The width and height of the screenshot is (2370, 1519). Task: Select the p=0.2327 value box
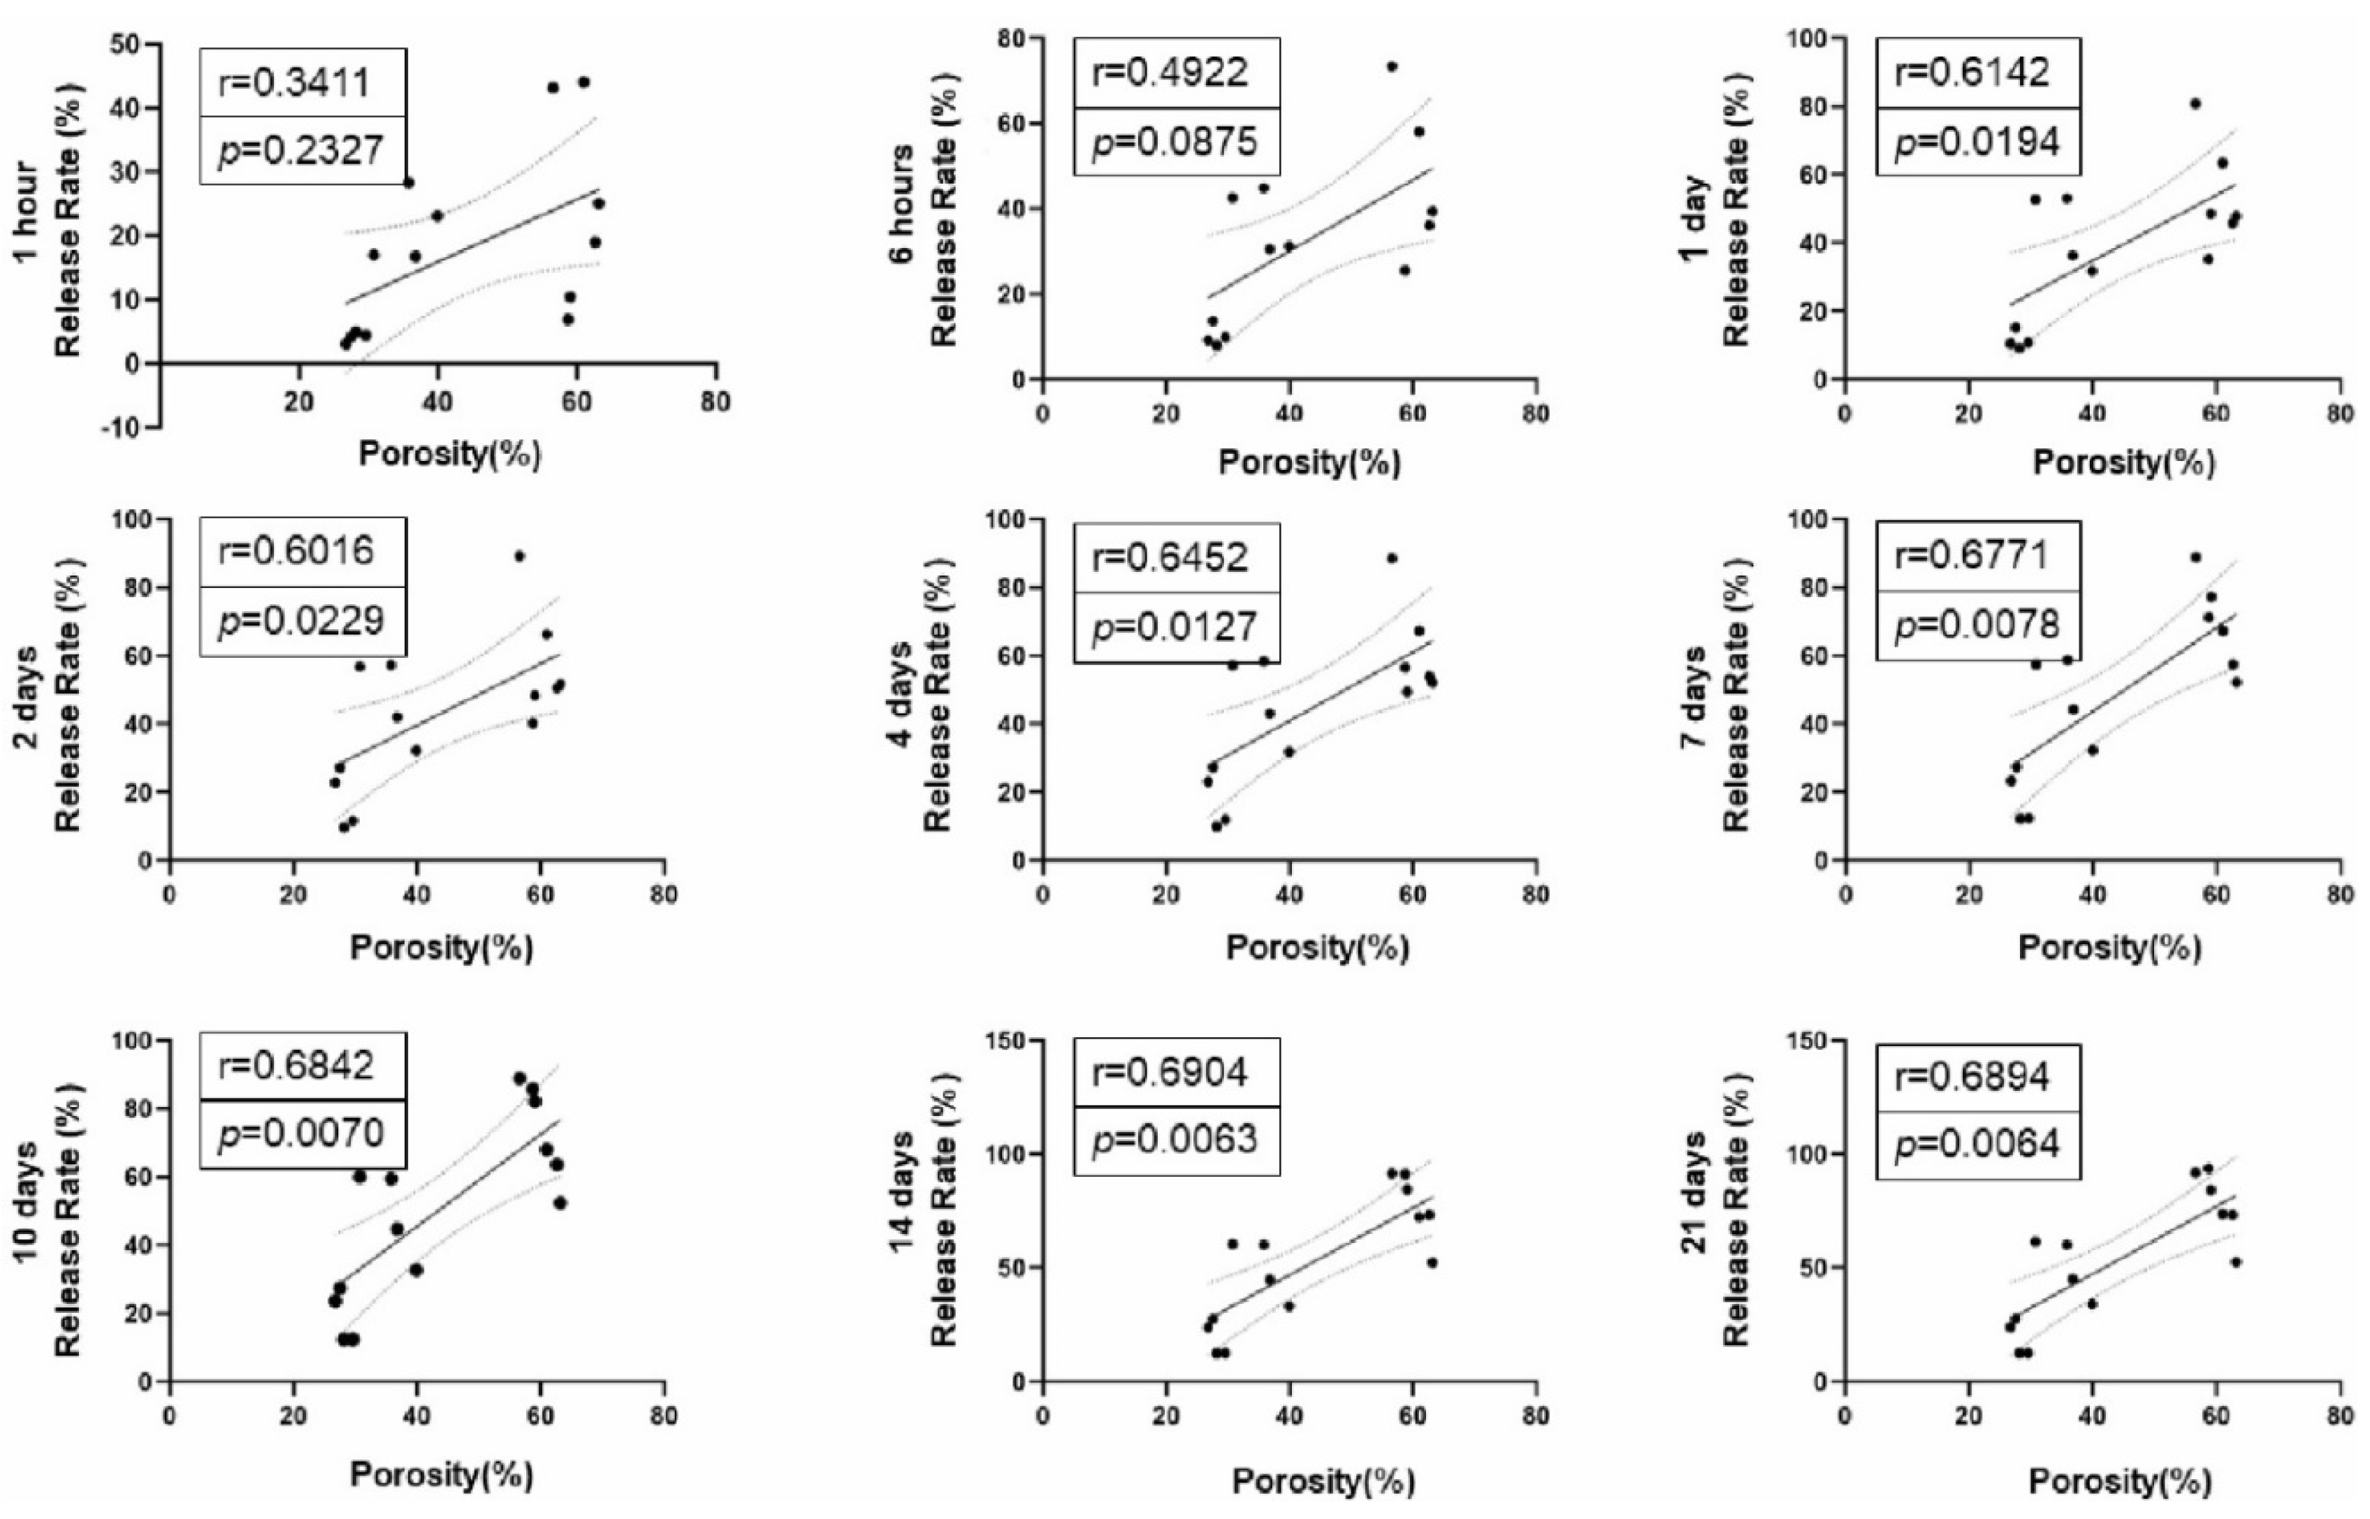(302, 151)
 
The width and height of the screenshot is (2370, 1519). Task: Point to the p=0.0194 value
(1977, 142)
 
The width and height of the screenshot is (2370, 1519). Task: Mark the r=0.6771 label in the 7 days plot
(1977, 555)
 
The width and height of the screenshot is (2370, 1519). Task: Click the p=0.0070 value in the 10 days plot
(302, 1133)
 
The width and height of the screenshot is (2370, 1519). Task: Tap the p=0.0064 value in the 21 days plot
(1977, 1143)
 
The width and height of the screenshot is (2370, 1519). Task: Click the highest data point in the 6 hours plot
(1391, 67)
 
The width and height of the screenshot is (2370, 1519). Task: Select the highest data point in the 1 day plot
(2195, 103)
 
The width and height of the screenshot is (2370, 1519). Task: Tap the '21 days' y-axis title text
(1694, 1191)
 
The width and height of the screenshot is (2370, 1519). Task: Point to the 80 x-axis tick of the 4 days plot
(1534, 895)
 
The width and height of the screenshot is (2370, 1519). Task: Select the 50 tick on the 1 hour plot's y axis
(126, 45)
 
